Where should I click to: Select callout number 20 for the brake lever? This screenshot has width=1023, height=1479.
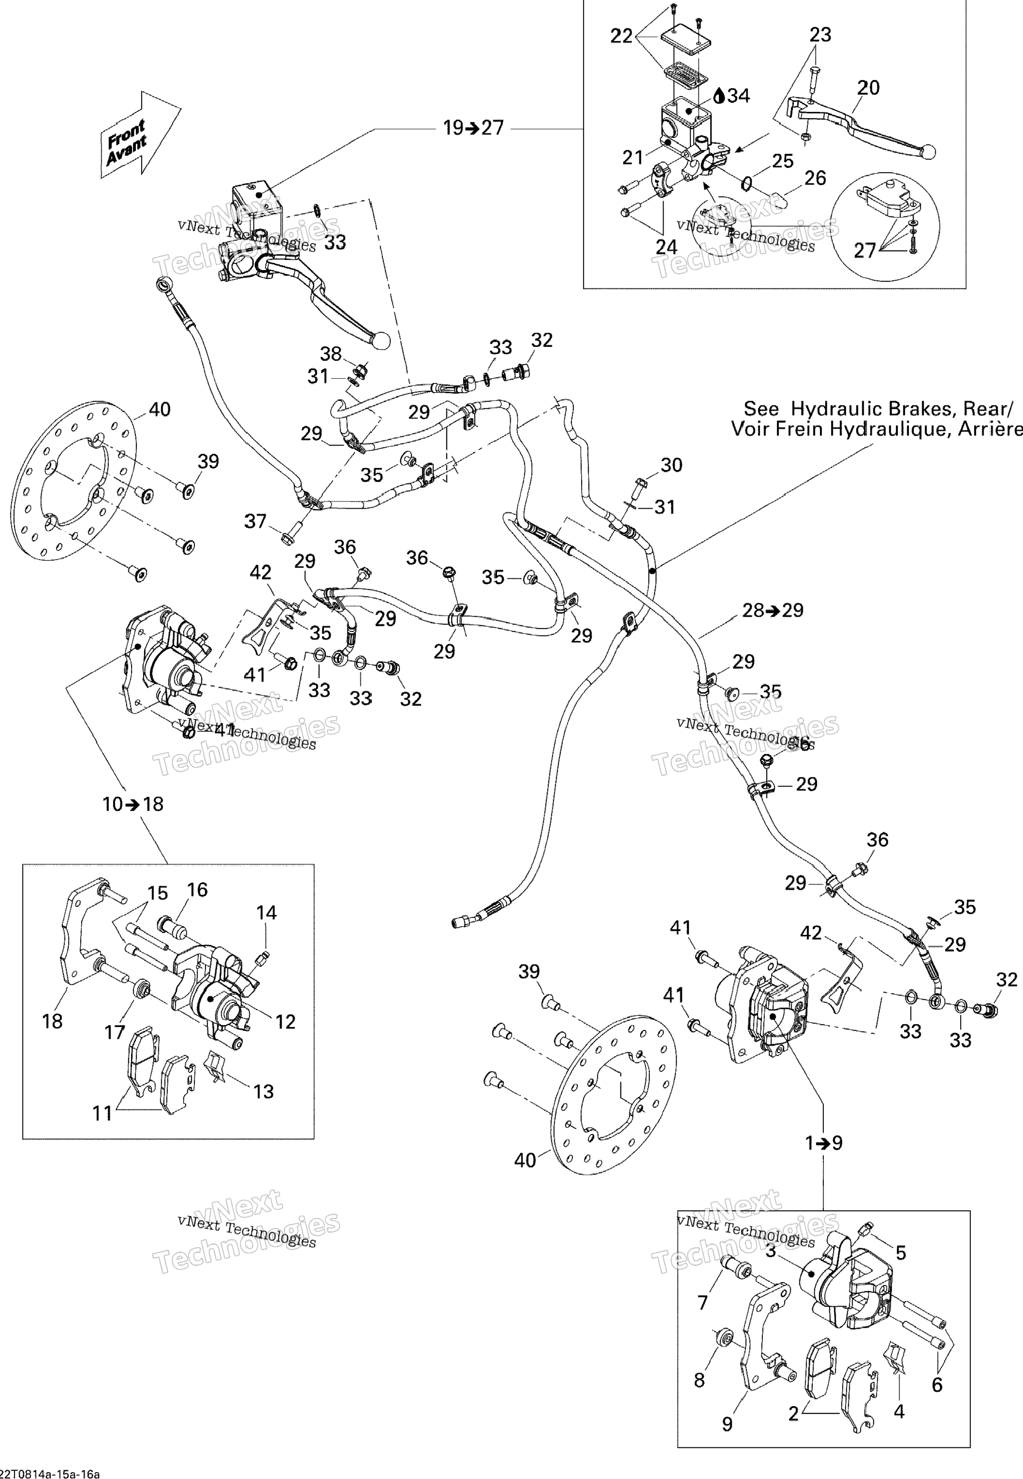(868, 88)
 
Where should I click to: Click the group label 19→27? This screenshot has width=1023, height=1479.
(474, 128)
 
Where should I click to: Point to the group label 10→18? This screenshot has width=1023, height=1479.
(133, 804)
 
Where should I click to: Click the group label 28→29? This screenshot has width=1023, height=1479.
(773, 610)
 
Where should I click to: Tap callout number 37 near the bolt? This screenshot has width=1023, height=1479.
(255, 521)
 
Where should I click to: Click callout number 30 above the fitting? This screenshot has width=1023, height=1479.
(671, 465)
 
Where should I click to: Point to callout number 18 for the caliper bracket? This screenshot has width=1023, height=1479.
(53, 1021)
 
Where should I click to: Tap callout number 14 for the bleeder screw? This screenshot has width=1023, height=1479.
(267, 912)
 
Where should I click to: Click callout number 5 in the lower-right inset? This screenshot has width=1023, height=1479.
(901, 1252)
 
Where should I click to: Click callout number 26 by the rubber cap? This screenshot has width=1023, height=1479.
(815, 178)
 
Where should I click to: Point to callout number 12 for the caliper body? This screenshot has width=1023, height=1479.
(285, 1021)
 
